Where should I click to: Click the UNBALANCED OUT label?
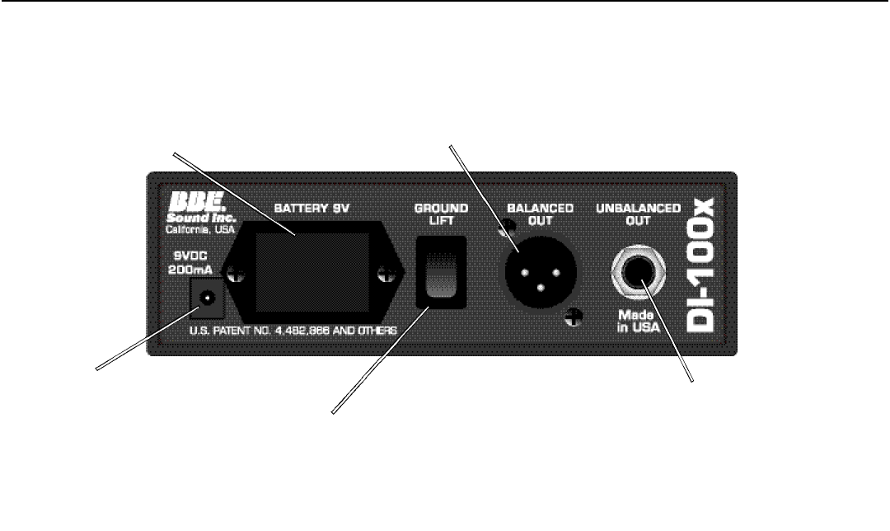pyautogui.click(x=639, y=215)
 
